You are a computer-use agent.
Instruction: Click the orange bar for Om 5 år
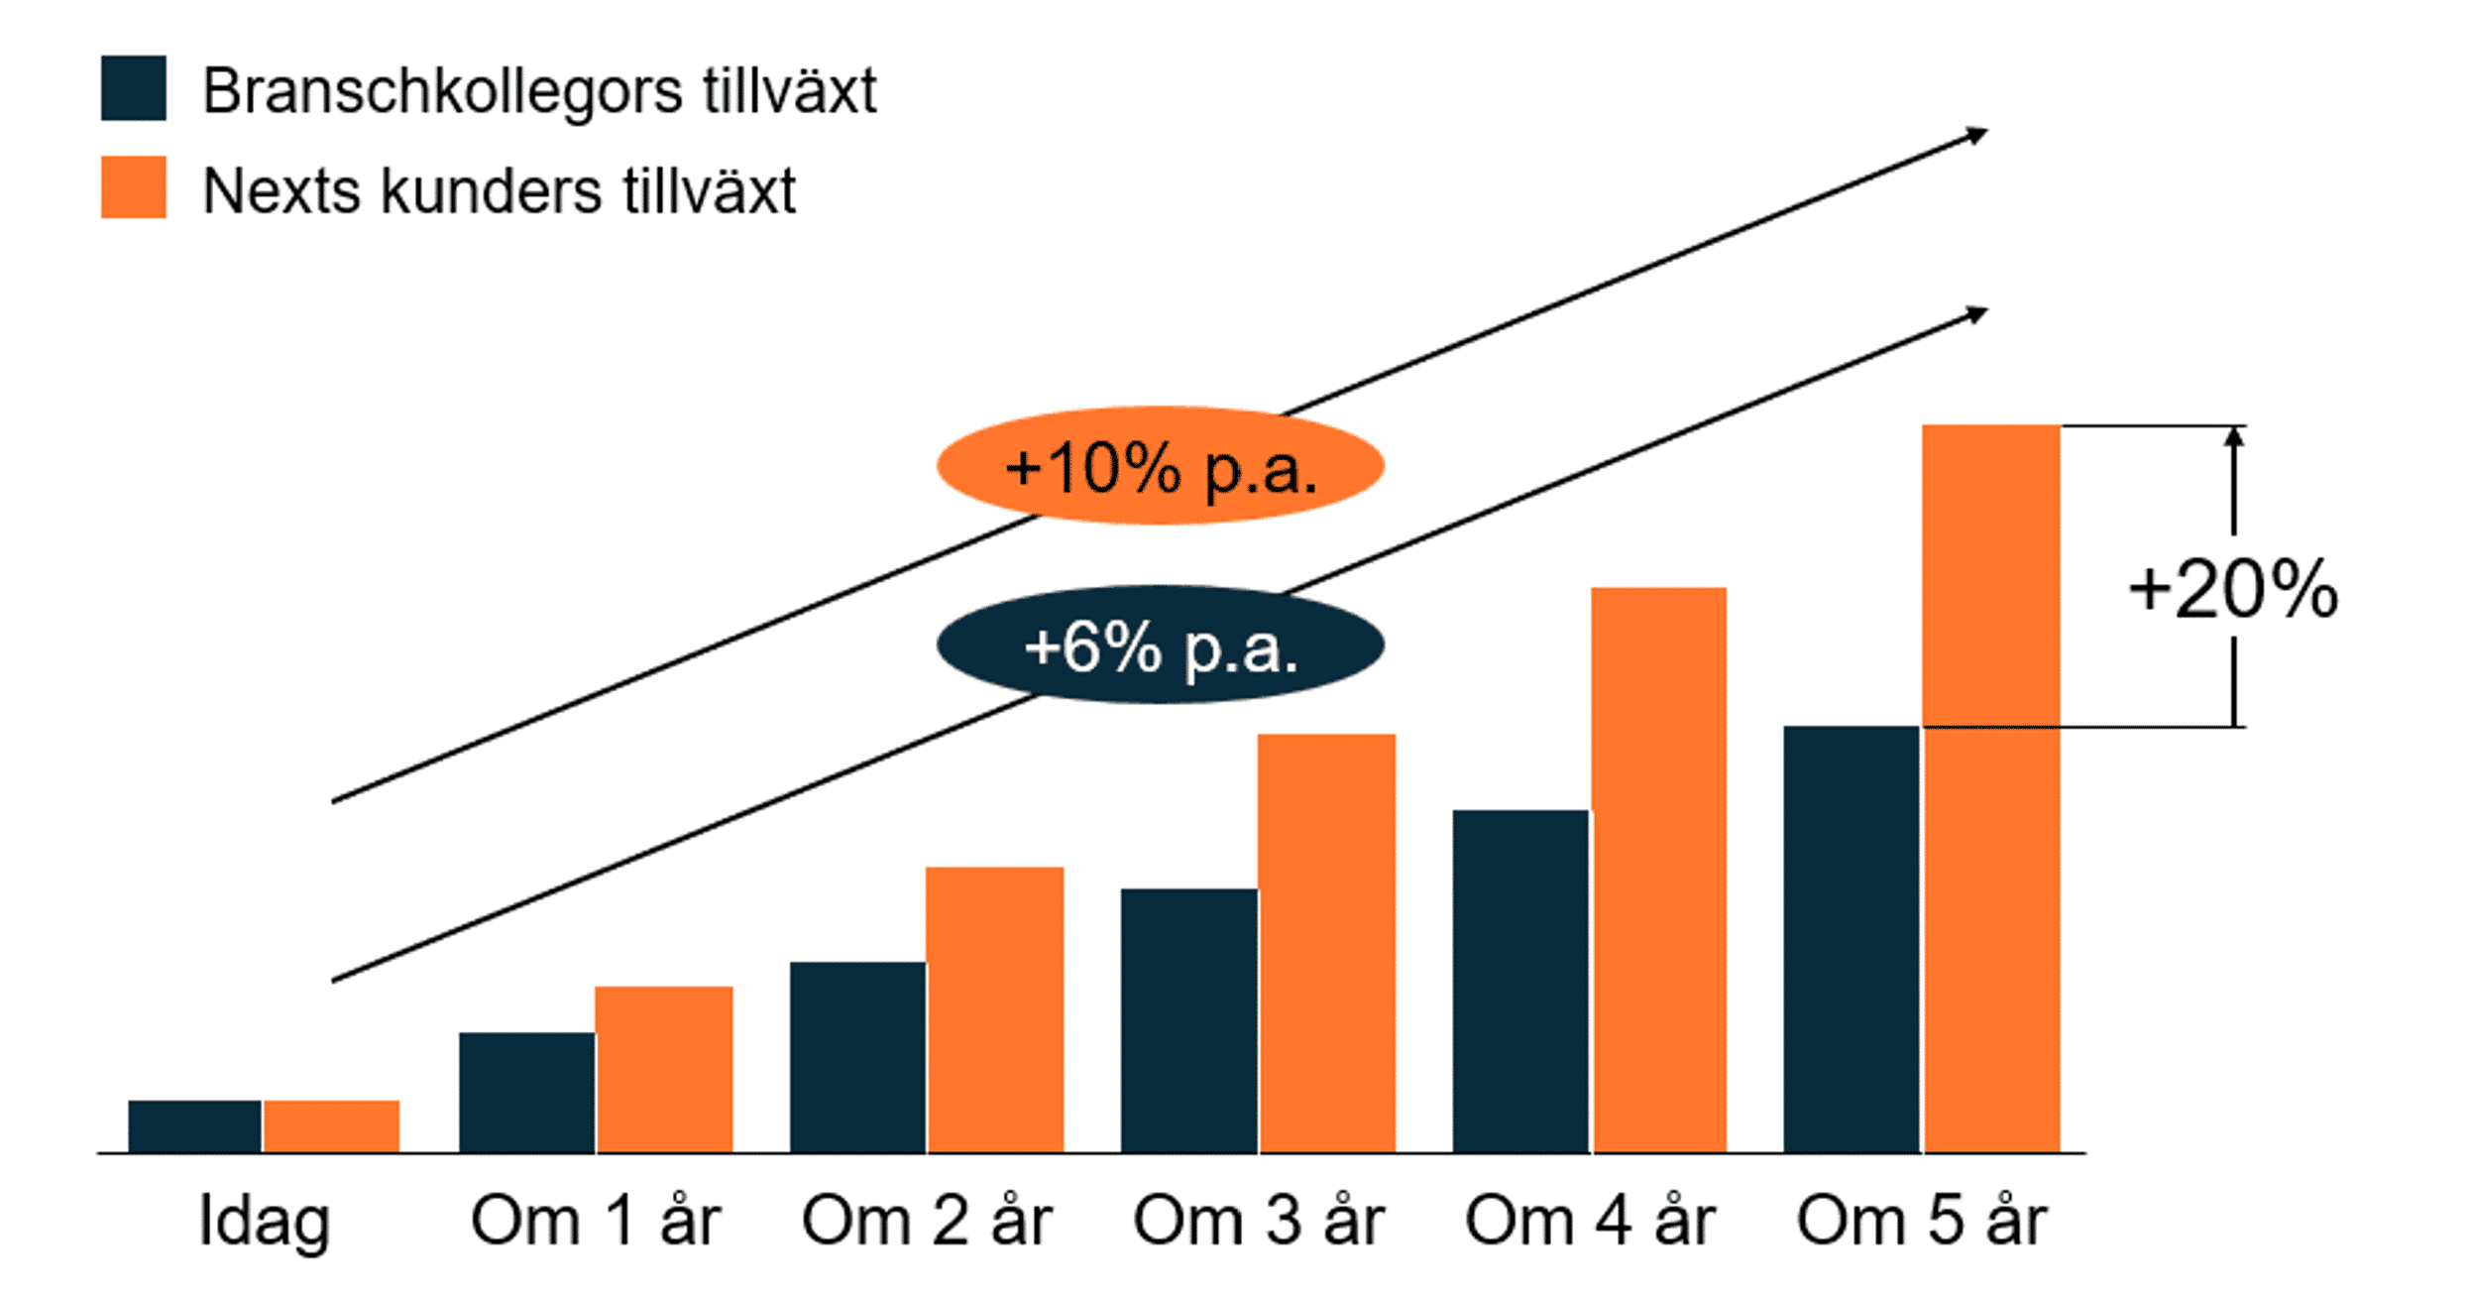1990,788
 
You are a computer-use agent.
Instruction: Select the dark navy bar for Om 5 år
1852,939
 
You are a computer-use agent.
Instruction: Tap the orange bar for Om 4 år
1659,870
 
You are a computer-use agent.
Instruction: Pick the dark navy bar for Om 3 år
1189,1020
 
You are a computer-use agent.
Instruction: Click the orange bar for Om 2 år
995,1009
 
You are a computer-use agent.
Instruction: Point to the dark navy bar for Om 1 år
527,1093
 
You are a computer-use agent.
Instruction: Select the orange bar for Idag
332,1126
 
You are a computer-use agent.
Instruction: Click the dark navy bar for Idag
195,1126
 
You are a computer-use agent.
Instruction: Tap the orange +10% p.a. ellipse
1160,465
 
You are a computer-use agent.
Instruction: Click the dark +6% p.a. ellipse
1160,645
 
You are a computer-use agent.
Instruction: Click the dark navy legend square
134,88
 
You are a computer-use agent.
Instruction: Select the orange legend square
134,186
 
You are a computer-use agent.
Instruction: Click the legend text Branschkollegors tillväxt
539,92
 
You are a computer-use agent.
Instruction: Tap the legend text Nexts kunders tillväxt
499,189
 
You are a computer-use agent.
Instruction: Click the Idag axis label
265,1222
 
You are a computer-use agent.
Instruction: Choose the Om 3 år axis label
1259,1220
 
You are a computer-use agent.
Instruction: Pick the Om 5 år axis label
1922,1220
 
